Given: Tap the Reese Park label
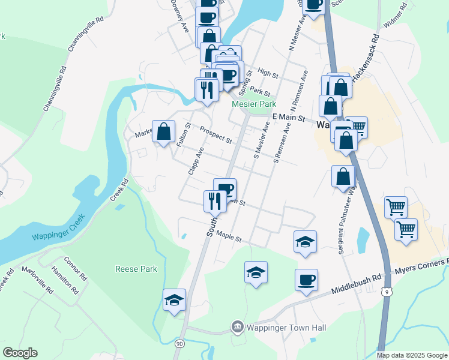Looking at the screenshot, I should (x=137, y=269).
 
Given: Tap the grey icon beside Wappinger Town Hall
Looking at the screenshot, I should (x=238, y=327).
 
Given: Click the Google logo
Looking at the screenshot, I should (x=20, y=353).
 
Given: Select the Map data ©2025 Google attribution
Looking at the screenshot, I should (x=412, y=355).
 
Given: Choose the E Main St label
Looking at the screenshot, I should (x=289, y=118).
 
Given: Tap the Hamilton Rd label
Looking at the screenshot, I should (x=70, y=279).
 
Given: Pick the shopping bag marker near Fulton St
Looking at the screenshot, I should (x=163, y=131).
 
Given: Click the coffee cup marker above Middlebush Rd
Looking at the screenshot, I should (x=306, y=280).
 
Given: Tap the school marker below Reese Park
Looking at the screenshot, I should (x=174, y=300).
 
